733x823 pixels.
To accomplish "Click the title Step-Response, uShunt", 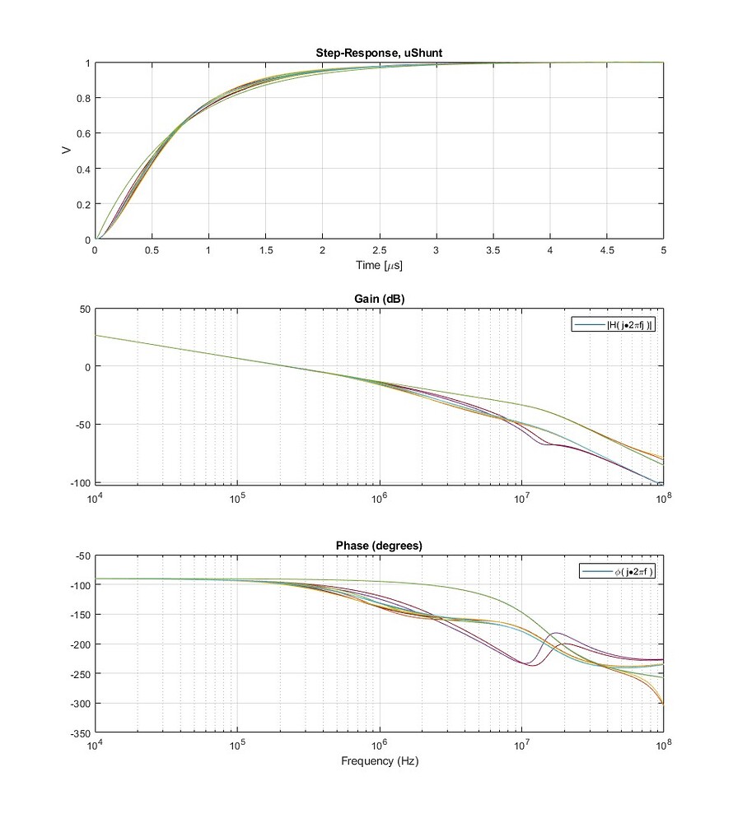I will pyautogui.click(x=380, y=54).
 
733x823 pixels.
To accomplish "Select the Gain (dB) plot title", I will pyautogui.click(x=380, y=300).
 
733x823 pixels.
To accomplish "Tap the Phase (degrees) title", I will pyautogui.click(x=380, y=546).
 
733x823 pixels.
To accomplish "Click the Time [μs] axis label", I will pyautogui.click(x=380, y=267).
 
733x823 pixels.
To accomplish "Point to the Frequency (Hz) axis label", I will pyautogui.click(x=380, y=761).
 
